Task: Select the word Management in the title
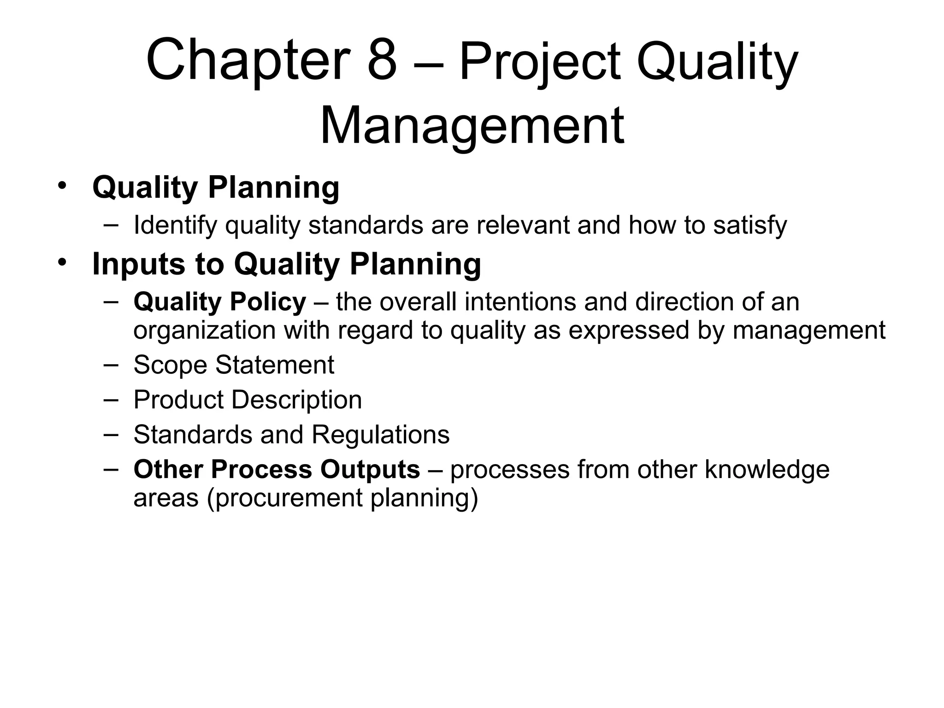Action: coord(472,126)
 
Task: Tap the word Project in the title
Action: coord(540,62)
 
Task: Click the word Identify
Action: coord(175,226)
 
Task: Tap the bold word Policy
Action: coord(268,302)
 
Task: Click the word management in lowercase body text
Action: coord(809,331)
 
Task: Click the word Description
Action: coord(296,400)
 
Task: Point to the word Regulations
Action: coord(380,435)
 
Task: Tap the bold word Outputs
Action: coord(370,469)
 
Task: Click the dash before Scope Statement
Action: coord(111,365)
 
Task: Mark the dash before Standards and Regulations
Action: coord(111,434)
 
